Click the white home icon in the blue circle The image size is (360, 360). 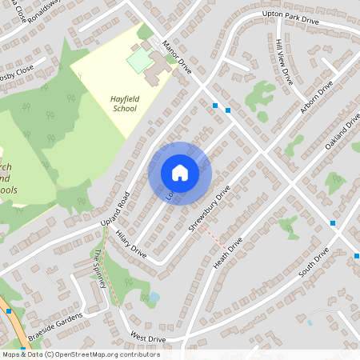point(179,173)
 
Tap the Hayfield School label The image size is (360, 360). point(123,103)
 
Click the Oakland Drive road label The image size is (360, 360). point(344,129)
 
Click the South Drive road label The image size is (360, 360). point(314,263)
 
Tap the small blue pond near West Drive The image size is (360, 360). point(154,298)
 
